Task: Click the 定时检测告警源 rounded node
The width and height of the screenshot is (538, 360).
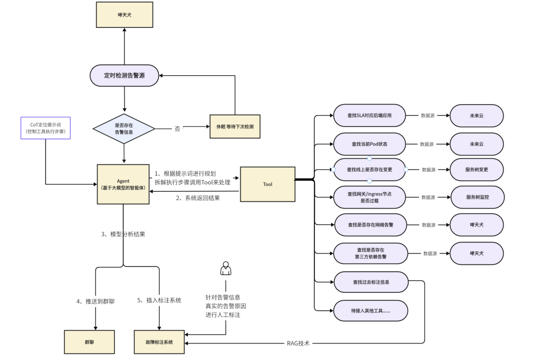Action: click(124, 75)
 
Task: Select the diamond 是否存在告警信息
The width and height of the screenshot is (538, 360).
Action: click(124, 128)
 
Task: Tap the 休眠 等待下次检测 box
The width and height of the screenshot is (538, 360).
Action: click(235, 126)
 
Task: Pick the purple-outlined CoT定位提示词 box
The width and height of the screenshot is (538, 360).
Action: click(46, 128)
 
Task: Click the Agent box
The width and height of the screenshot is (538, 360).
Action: click(123, 184)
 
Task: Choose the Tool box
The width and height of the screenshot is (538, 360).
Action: click(268, 184)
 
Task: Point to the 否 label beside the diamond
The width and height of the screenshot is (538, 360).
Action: click(177, 128)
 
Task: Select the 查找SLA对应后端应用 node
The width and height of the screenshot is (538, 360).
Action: click(370, 116)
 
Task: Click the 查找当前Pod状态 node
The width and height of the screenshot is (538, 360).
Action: click(370, 144)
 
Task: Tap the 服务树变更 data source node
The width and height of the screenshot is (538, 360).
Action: click(477, 169)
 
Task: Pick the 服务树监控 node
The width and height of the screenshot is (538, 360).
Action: click(478, 197)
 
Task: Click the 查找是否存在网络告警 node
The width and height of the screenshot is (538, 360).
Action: click(371, 225)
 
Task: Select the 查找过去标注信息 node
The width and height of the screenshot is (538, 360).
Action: click(371, 282)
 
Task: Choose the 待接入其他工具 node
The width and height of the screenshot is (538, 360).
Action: click(371, 311)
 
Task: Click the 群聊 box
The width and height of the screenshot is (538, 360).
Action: click(89, 342)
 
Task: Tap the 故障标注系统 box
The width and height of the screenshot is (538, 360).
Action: click(159, 342)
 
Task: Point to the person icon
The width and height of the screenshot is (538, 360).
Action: click(226, 268)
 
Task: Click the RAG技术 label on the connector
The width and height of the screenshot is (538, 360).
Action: click(298, 343)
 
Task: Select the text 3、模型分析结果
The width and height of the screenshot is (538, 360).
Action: click(123, 234)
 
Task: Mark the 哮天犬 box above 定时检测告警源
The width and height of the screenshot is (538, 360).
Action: click(125, 15)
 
